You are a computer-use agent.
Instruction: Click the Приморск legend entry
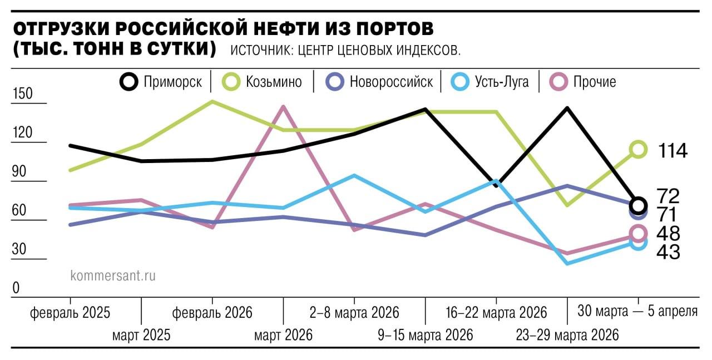tap(161, 82)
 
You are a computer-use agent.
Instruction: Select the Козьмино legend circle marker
tap(231, 82)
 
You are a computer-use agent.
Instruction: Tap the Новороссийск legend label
tap(391, 82)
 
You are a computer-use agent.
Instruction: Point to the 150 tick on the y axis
tap(23, 94)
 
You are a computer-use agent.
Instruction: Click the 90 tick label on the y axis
tap(19, 172)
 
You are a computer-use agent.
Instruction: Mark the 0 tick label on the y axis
tap(16, 288)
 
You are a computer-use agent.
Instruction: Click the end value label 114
tap(673, 150)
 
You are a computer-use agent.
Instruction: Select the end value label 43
tap(668, 252)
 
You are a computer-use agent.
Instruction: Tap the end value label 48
tap(668, 234)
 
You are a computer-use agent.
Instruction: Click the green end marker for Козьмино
tap(638, 149)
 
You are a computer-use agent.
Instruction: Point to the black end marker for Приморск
tap(639, 205)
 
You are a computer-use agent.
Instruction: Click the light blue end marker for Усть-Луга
tap(638, 242)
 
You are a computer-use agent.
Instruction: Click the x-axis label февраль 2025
tap(70, 313)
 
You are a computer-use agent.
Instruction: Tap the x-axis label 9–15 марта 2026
tap(425, 335)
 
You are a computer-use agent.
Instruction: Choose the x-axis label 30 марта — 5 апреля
tap(637, 310)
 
